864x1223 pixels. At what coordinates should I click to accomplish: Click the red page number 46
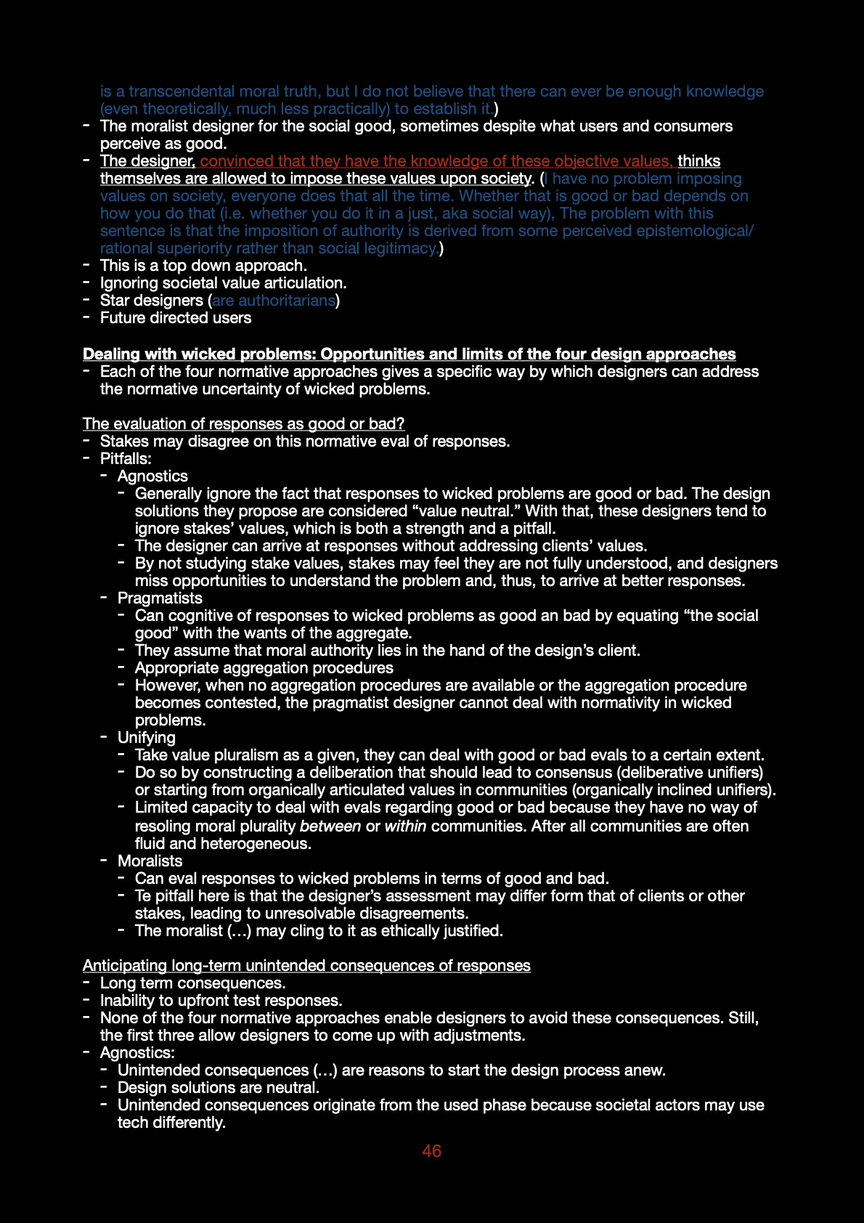(x=431, y=1151)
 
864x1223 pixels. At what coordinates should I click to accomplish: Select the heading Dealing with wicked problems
(x=409, y=354)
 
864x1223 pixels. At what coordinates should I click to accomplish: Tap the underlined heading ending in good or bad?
(x=243, y=424)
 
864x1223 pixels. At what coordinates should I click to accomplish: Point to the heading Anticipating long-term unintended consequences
(x=306, y=966)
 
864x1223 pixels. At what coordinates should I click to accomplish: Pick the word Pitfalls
(x=126, y=459)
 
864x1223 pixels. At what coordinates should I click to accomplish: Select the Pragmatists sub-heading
(x=160, y=598)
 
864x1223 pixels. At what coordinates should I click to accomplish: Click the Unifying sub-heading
(x=147, y=738)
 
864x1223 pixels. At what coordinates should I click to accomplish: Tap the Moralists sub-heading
(x=150, y=861)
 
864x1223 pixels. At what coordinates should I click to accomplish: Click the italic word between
(x=330, y=826)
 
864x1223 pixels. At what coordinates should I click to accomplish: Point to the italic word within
(x=405, y=826)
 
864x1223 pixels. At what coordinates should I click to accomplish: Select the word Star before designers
(x=115, y=301)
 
